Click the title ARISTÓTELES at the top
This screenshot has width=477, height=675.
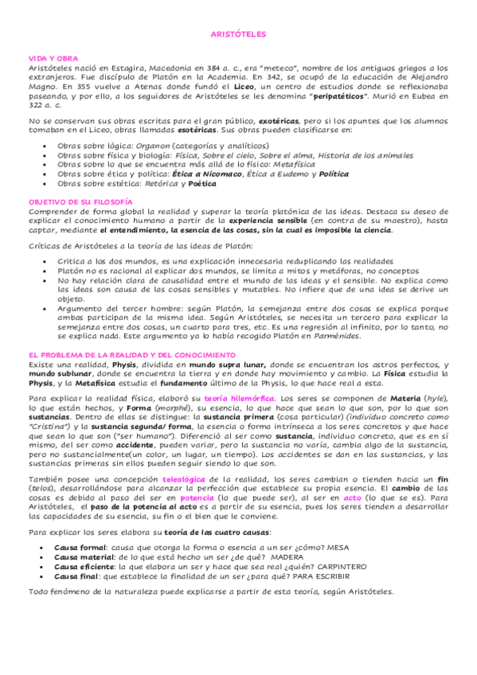(238, 35)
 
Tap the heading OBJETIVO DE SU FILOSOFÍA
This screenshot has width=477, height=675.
(80, 202)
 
